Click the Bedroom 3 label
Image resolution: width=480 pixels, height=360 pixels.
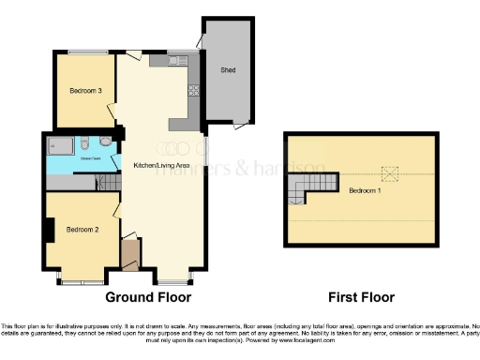point(86,91)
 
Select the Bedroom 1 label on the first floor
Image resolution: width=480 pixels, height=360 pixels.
point(366,190)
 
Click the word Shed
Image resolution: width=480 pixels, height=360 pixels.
point(227,70)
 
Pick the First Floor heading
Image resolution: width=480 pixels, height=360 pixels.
point(361,298)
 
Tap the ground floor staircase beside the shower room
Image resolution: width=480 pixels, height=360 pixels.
point(111,184)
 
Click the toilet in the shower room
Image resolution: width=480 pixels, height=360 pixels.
point(84,144)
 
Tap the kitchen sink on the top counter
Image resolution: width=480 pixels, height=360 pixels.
point(177,61)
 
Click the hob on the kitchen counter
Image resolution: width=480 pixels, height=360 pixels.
point(195,91)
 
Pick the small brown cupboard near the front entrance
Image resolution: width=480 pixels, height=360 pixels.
point(129,253)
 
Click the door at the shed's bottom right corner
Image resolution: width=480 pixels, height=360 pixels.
point(243,123)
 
